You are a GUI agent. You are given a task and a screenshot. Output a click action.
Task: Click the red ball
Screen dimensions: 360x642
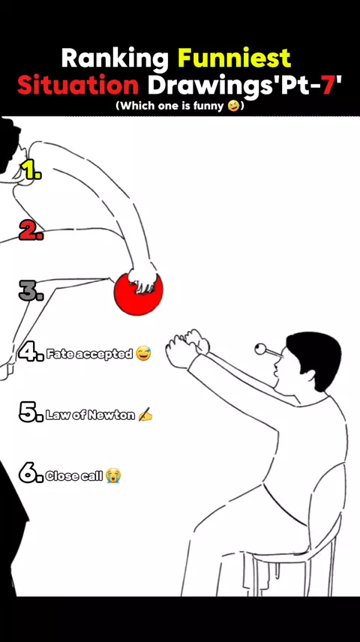click(x=138, y=294)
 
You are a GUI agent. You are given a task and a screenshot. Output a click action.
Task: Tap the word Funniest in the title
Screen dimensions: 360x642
click(x=234, y=58)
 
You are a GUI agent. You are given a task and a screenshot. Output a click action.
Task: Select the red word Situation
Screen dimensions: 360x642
click(x=78, y=85)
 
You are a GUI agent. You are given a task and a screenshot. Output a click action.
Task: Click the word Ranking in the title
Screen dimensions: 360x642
click(x=115, y=59)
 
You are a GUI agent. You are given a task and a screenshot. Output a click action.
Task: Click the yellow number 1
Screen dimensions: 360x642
click(x=31, y=169)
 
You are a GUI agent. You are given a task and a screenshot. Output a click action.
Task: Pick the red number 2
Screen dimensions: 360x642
click(x=31, y=230)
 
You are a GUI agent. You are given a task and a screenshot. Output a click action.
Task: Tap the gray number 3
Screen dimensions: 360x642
click(x=31, y=291)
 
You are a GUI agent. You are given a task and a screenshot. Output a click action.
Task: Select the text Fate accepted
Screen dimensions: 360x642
click(x=89, y=354)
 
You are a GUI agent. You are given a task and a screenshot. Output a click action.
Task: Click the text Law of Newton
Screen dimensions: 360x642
click(x=90, y=415)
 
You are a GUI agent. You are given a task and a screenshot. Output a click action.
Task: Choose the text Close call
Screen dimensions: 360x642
click(x=74, y=475)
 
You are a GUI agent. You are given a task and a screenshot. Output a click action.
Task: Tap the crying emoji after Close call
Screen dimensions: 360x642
click(x=113, y=475)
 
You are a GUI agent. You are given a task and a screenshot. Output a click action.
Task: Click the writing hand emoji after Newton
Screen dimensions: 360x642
click(x=145, y=415)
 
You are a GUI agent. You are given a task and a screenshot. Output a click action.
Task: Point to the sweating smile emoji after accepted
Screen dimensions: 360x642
click(x=143, y=353)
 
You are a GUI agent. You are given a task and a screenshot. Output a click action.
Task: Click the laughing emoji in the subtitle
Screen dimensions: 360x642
click(x=233, y=106)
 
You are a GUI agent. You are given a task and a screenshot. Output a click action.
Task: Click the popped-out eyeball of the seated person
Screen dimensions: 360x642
click(x=260, y=349)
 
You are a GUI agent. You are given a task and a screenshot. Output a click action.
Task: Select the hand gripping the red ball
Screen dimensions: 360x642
click(x=142, y=278)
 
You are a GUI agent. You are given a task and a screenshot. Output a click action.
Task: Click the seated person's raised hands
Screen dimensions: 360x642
click(x=187, y=347)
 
